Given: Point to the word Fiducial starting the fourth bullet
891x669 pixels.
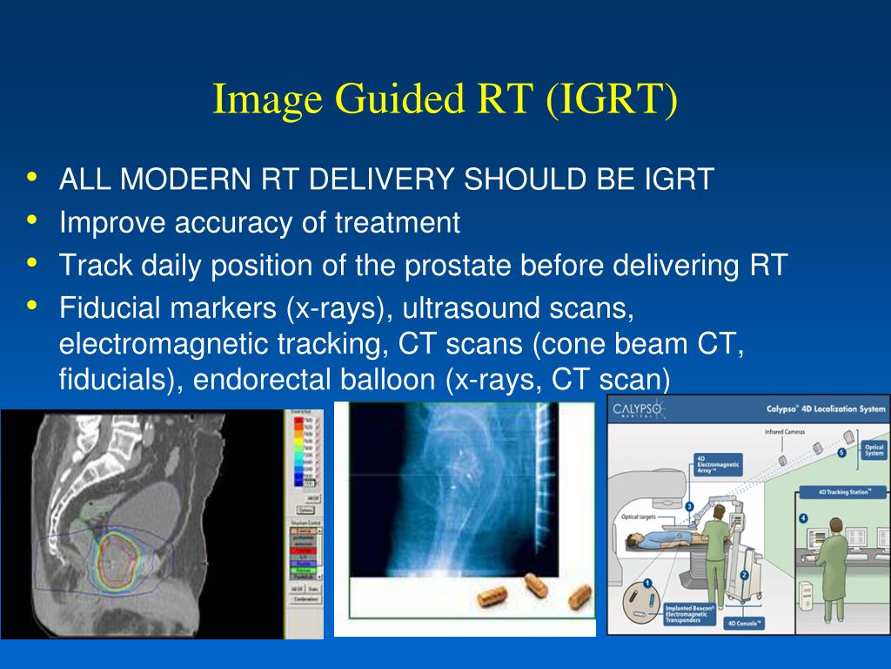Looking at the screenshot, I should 111,308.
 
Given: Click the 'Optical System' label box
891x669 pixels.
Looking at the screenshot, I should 873,449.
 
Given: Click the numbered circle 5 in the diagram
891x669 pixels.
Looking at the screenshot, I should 841,453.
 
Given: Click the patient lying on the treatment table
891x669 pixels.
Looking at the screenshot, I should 670,541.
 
